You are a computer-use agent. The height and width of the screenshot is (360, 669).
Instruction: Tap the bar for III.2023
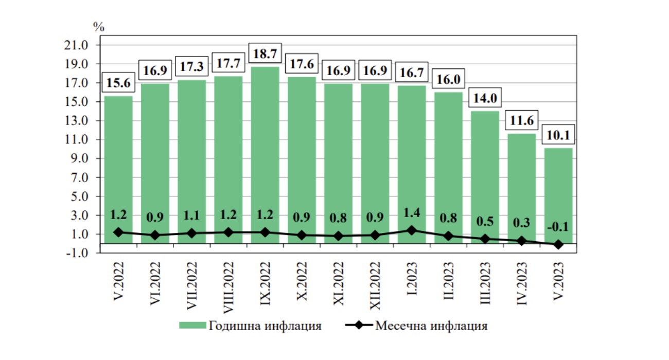[485, 170]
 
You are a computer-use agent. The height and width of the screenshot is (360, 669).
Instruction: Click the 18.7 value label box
[265, 53]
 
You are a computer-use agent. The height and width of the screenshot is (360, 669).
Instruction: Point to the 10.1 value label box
[558, 135]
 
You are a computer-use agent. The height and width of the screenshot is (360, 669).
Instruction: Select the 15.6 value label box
[118, 82]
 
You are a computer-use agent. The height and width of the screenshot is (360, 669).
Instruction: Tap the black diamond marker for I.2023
[411, 230]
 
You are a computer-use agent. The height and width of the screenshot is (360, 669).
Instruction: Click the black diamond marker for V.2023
[558, 245]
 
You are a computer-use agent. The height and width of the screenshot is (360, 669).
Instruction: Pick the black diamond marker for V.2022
[118, 232]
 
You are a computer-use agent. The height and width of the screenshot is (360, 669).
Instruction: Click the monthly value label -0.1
[558, 227]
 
